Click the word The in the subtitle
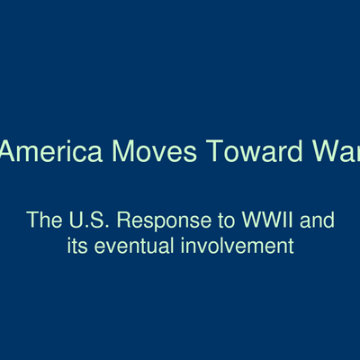coord(42,219)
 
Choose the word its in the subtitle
coord(78,244)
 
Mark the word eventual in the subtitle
coord(133,244)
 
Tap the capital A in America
coord(10,150)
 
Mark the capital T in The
coord(31,219)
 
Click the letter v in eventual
coord(112,245)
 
